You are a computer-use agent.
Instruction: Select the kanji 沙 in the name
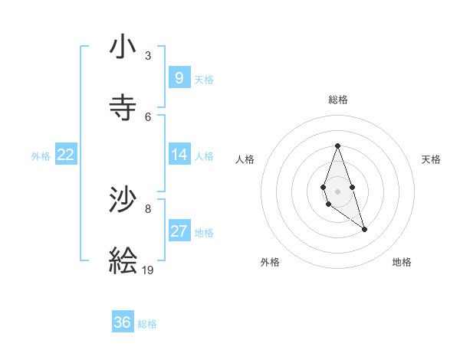[123, 200]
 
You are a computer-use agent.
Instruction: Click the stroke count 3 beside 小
[148, 56]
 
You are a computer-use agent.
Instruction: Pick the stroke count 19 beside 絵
[149, 270]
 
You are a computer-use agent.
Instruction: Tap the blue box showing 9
[179, 78]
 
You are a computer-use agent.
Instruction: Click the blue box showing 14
[179, 155]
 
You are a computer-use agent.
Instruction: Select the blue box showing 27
[179, 231]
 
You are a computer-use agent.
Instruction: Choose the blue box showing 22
[66, 155]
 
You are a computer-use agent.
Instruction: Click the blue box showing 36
[123, 322]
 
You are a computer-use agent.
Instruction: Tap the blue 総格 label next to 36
[147, 324]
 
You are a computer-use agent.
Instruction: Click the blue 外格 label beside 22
[41, 156]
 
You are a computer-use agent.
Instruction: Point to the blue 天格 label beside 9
[204, 80]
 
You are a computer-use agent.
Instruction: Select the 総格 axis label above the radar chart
[338, 100]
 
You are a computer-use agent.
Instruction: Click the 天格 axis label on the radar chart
[432, 159]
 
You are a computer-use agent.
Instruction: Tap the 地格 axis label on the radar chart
[402, 262]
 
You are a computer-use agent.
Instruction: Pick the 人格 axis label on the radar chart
[245, 159]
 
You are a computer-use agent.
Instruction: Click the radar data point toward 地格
[365, 229]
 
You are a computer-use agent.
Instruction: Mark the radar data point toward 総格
[337, 146]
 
